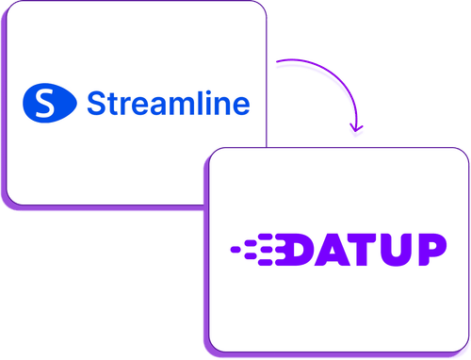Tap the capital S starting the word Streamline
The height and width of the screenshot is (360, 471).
[x=96, y=102]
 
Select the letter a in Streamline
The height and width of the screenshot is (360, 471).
[x=154, y=105]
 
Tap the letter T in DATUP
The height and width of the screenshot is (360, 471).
[x=367, y=250]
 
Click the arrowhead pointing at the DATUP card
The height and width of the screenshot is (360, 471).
[x=354, y=132]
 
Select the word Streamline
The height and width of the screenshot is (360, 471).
[x=168, y=102]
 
